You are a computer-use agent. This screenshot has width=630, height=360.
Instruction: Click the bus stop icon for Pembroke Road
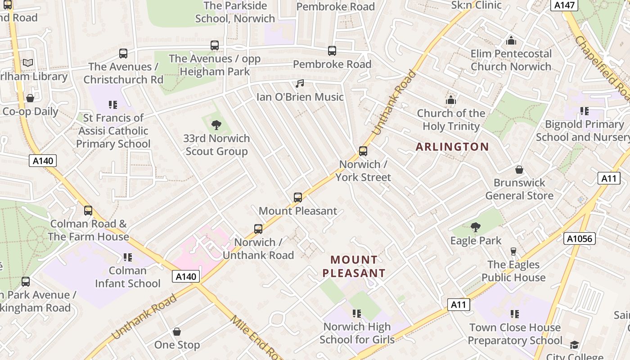click(332, 51)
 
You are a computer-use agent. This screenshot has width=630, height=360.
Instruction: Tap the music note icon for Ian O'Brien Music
click(300, 84)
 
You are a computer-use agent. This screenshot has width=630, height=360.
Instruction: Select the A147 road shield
click(564, 5)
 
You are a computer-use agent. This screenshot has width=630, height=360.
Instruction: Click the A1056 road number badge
click(579, 238)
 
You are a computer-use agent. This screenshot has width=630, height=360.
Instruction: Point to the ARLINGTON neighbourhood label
click(452, 147)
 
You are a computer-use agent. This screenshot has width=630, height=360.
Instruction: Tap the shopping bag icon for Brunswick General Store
click(519, 170)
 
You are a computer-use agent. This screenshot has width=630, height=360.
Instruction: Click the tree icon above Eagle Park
click(475, 227)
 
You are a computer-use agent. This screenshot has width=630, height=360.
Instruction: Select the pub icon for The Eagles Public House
click(513, 251)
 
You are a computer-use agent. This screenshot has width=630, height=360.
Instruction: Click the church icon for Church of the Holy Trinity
click(450, 100)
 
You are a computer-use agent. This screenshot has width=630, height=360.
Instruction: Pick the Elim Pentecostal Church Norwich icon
click(511, 41)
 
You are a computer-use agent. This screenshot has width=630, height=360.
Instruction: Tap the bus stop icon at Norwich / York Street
click(363, 151)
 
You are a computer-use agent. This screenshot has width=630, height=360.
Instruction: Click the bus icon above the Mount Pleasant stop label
click(297, 198)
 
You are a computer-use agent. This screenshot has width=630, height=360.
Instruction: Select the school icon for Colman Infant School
click(128, 257)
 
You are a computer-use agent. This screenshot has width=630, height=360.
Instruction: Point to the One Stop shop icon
click(177, 332)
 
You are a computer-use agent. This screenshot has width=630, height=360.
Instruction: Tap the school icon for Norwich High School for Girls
click(357, 314)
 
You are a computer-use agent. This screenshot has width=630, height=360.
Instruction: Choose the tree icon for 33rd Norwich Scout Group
click(216, 125)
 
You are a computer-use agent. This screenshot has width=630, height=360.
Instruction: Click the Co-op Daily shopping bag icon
click(30, 98)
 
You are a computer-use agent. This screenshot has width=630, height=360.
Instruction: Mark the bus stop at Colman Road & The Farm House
click(88, 211)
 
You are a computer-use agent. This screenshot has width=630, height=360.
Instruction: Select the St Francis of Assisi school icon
click(113, 105)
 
